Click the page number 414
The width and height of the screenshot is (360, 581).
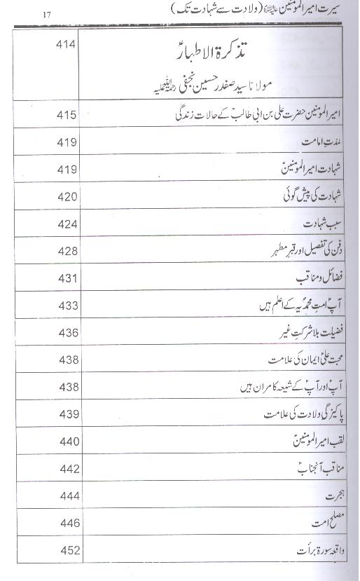pos(67,44)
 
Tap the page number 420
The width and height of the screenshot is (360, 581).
pos(67,197)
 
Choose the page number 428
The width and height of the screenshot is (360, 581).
pos(67,251)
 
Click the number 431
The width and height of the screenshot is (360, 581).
pos(67,278)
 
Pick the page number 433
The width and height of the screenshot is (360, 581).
pos(67,306)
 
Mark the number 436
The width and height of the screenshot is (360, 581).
pos(67,332)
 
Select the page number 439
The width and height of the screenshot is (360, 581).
pos(67,413)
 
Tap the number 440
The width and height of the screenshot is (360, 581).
pos(67,442)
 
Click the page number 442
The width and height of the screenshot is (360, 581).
pos(67,468)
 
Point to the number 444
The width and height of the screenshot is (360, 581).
pos(67,496)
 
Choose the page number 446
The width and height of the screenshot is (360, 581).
pos(67,523)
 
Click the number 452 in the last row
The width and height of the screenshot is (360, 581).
pos(67,550)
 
